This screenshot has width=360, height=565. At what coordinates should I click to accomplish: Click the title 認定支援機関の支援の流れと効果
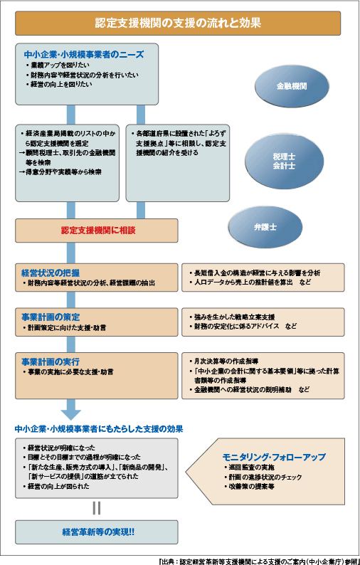point(179,23)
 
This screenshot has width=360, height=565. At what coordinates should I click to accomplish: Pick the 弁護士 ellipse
point(263,226)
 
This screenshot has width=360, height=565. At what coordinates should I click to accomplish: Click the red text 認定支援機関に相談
point(97,231)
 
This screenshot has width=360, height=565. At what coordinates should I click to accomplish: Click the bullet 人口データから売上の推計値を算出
point(243,282)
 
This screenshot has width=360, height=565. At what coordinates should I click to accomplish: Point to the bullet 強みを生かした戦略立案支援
point(232,316)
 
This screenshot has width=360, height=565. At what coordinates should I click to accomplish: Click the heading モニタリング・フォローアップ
point(273,456)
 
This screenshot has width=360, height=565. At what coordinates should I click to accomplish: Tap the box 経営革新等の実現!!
point(97,532)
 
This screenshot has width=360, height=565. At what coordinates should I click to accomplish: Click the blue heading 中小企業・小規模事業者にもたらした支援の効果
point(99,429)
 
